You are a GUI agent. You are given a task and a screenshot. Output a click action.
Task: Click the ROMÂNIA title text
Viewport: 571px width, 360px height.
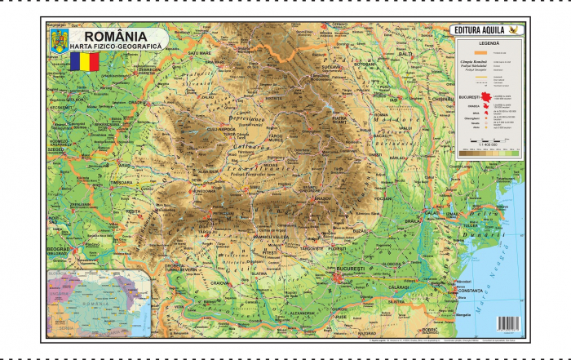click(109, 36)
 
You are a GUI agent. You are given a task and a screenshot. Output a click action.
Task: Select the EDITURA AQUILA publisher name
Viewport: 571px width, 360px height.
click(479, 31)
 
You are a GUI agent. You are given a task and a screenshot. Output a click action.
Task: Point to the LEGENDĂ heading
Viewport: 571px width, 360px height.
click(489, 42)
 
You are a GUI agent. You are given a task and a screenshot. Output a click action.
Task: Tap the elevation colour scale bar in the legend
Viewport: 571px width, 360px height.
click(489, 150)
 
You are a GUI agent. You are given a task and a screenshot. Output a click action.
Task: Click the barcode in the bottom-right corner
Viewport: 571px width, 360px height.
click(508, 324)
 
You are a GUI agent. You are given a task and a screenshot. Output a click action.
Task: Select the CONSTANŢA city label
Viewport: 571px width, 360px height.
click(470, 291)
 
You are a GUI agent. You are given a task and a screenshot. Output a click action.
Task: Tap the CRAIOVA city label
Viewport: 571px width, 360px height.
click(220, 283)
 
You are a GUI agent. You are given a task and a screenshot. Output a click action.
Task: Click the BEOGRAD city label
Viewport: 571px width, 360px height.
click(58, 249)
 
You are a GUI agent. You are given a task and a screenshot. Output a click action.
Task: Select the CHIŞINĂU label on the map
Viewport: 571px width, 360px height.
click(442, 98)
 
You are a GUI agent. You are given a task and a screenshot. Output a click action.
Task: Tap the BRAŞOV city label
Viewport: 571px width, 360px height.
click(300, 198)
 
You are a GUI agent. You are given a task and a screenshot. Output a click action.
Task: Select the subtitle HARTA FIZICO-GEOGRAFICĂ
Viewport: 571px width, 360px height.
click(116, 48)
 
